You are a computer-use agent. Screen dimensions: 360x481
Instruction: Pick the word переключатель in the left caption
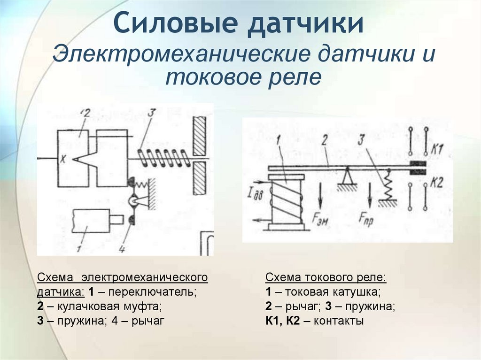[x=152, y=291]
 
